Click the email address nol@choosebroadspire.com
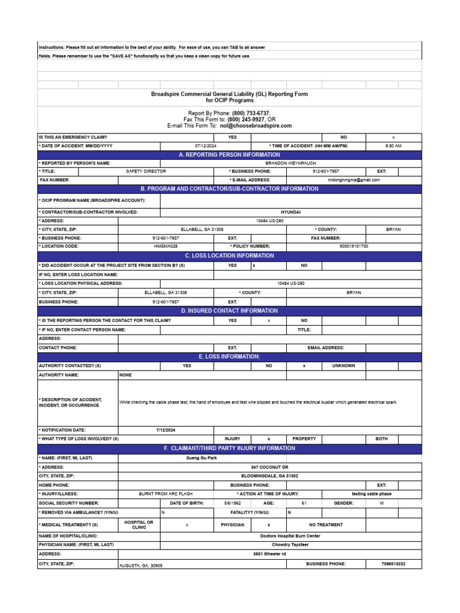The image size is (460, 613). point(256,126)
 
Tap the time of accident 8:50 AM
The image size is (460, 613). point(393,146)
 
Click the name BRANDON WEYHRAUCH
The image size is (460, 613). point(290,163)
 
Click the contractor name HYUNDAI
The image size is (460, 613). point(290,212)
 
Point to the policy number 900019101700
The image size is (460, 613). point(353,246)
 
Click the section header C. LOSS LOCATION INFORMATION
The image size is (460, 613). point(230,256)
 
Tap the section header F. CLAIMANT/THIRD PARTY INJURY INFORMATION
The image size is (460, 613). point(230,448)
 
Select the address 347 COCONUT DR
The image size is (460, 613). point(270,467)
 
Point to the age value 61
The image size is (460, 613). point(304,503)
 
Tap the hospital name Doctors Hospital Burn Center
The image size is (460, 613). point(290,536)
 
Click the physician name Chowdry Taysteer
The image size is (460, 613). point(290,545)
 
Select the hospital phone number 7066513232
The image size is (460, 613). point(393,564)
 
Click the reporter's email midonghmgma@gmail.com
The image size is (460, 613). point(353,180)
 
